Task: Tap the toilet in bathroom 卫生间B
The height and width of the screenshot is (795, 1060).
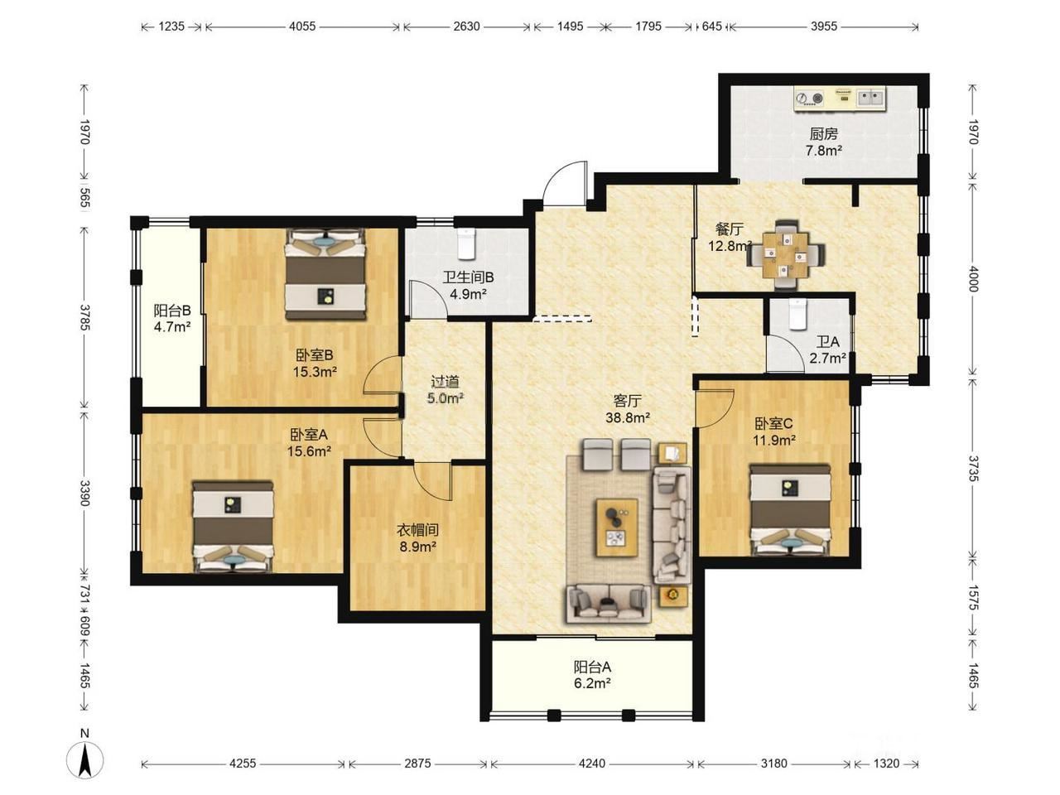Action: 466,243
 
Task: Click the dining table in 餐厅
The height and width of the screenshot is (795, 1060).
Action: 785,254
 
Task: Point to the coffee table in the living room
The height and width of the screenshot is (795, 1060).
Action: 617,528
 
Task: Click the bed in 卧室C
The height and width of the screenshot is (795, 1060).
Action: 790,510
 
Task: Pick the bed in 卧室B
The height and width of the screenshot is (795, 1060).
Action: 325,273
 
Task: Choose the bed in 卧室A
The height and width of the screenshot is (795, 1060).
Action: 234,526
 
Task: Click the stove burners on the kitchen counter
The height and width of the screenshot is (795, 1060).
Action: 809,99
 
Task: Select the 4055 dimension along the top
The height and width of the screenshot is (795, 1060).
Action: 302,26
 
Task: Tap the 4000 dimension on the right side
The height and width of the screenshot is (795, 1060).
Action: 972,279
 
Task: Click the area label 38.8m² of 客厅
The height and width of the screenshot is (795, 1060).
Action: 628,417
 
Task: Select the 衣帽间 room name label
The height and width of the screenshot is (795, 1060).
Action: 417,529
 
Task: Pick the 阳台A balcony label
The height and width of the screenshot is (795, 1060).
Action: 592,667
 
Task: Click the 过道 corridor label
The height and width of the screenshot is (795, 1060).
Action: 445,382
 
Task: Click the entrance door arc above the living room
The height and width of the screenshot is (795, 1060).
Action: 564,182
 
